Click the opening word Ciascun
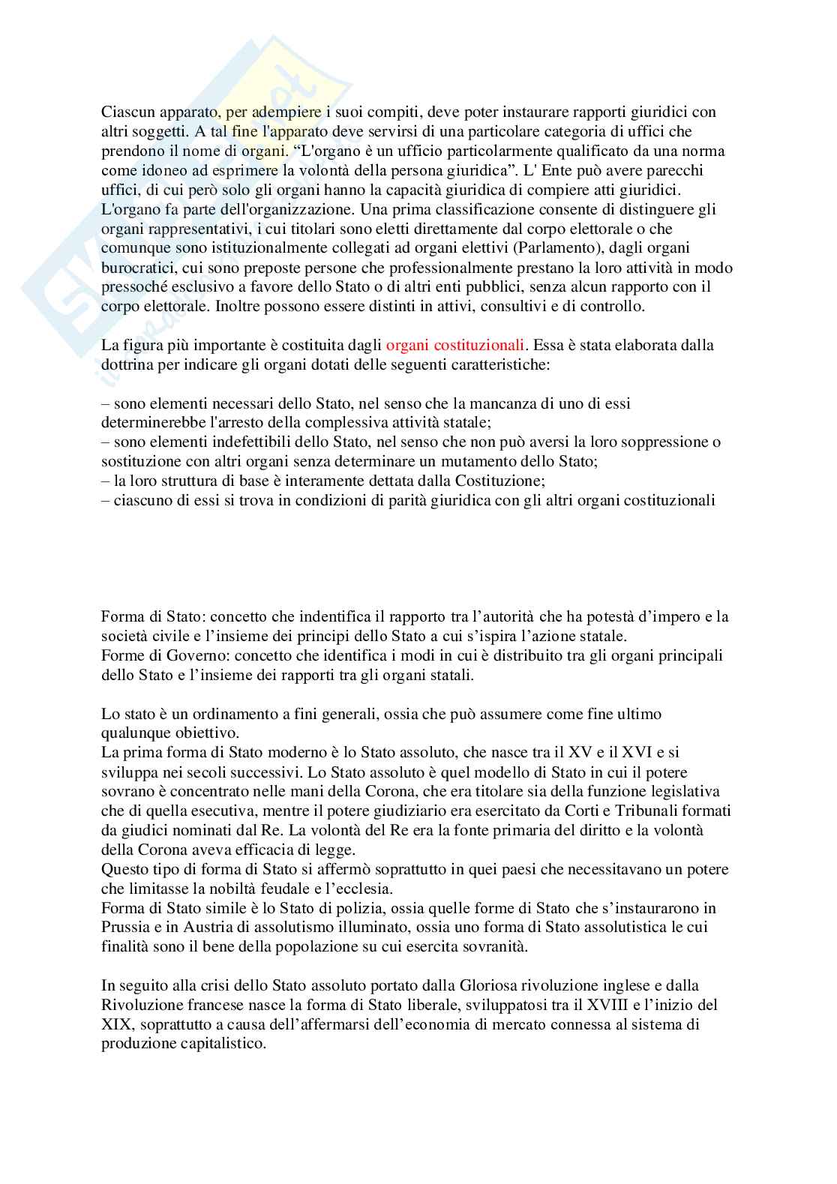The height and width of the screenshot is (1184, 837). pyautogui.click(x=125, y=112)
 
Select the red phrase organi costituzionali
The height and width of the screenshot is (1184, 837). pyautogui.click(x=454, y=346)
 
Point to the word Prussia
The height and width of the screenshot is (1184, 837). pyautogui.click(x=124, y=927)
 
